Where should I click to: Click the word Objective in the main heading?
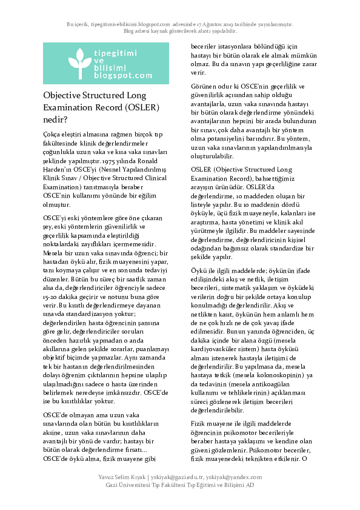point(64,96)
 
